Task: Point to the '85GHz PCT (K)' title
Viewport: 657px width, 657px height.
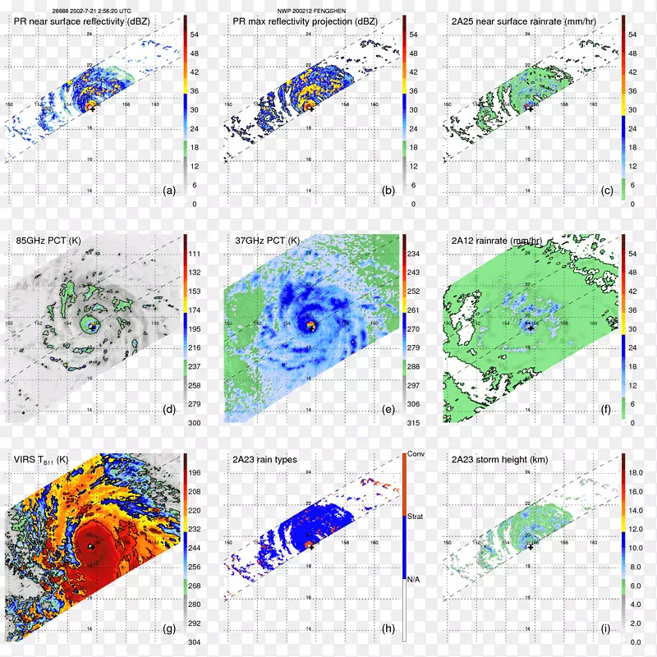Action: [48, 241]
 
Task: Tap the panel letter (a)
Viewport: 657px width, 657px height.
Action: [170, 191]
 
